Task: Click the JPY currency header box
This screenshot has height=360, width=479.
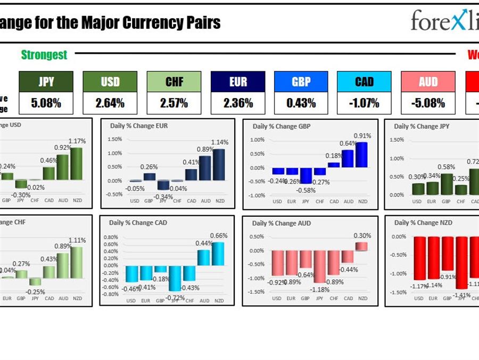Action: pyautogui.click(x=46, y=81)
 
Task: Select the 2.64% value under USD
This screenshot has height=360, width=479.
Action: pyautogui.click(x=110, y=103)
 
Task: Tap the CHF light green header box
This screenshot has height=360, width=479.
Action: pyautogui.click(x=174, y=81)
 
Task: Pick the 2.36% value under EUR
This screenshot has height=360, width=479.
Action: pyautogui.click(x=237, y=103)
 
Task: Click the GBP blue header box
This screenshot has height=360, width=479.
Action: pyautogui.click(x=301, y=81)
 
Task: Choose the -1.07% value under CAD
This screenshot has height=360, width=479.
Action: pyautogui.click(x=364, y=103)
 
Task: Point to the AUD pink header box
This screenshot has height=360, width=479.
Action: pyautogui.click(x=427, y=81)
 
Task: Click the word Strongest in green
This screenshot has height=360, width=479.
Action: pyautogui.click(x=44, y=54)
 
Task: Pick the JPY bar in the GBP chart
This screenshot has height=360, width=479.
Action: pyautogui.click(x=306, y=176)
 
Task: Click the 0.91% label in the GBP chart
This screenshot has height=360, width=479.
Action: pyautogui.click(x=362, y=136)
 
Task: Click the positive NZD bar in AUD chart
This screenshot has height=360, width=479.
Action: pyautogui.click(x=361, y=246)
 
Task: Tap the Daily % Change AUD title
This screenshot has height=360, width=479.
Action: pyautogui.click(x=282, y=223)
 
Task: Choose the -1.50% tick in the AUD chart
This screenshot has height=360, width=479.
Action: pyautogui.click(x=258, y=292)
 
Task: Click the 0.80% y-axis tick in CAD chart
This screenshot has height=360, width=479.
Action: pyautogui.click(x=111, y=237)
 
